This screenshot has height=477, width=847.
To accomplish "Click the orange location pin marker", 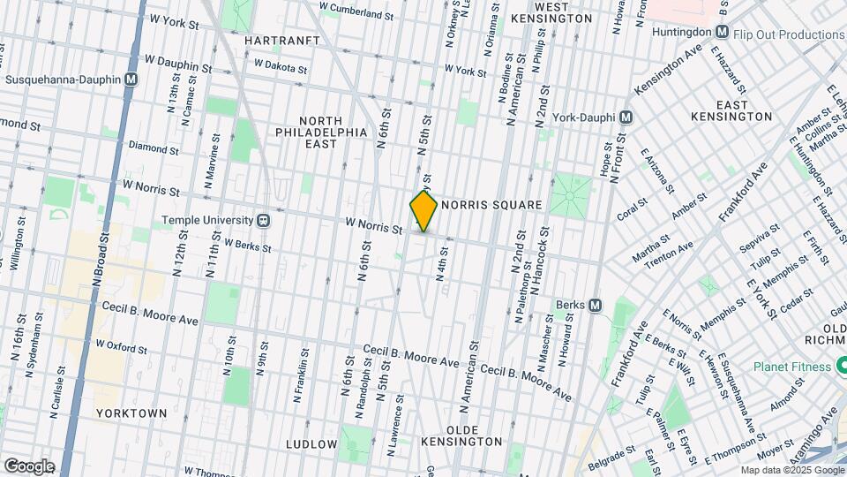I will [x=423, y=210].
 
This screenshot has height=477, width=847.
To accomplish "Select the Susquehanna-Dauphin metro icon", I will [x=131, y=79].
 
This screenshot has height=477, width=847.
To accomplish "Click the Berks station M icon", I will [x=596, y=306].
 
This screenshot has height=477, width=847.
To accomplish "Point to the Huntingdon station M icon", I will [x=723, y=34].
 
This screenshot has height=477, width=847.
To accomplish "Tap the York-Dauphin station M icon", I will [x=626, y=117].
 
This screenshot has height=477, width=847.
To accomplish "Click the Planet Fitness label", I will [x=792, y=367].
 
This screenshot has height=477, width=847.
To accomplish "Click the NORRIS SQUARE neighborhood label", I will [x=491, y=205].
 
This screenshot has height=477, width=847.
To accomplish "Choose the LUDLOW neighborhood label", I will [x=311, y=443].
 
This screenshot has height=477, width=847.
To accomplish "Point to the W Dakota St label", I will [x=280, y=66].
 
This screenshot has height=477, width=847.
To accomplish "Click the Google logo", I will [x=29, y=466].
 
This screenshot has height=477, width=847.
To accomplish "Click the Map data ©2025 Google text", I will [x=791, y=470].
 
